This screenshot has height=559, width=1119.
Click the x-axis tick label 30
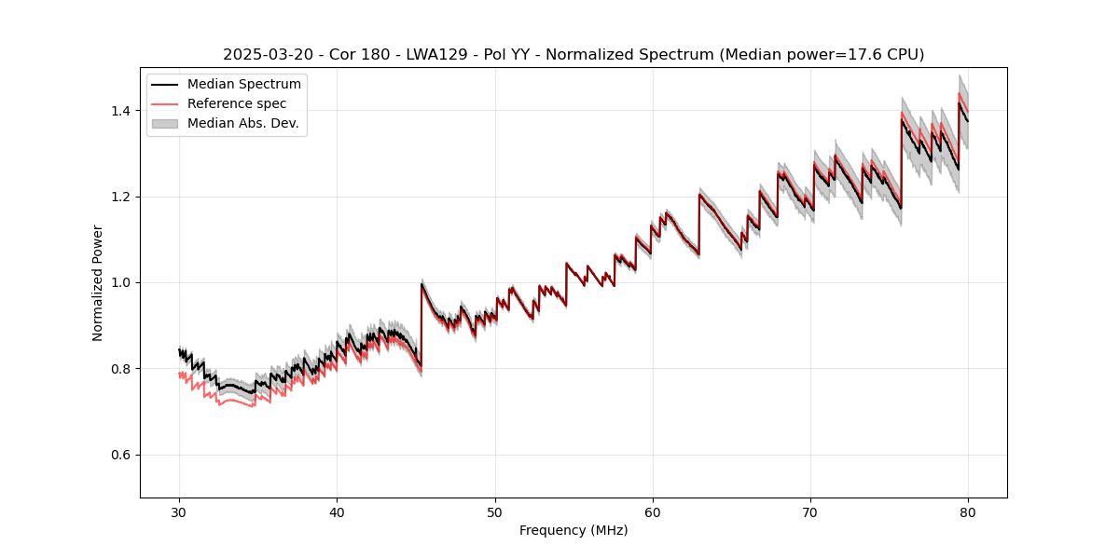point(179,512)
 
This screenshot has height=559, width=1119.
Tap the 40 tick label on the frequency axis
point(337,512)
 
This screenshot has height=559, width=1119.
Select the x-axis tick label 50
point(494,512)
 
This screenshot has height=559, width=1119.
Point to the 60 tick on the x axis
point(653,512)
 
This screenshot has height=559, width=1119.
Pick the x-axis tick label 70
point(810,512)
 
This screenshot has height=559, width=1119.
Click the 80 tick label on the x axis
point(968,512)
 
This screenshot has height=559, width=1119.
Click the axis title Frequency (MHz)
point(573,530)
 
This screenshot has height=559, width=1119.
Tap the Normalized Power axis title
point(98,282)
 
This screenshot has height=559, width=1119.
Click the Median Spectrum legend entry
point(244,85)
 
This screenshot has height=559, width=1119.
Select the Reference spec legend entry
point(237,103)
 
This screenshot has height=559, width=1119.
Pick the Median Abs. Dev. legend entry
point(242,123)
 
